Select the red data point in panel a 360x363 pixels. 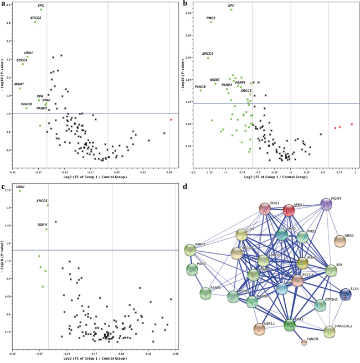(171, 120)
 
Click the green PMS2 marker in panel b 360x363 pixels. (211, 22)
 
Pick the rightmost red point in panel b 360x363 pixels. (352, 125)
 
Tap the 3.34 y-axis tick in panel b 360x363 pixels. (189, 12)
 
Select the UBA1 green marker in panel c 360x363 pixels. (20, 191)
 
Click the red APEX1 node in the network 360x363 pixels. (289, 210)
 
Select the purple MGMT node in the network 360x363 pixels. (326, 205)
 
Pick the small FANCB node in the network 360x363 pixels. (304, 343)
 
